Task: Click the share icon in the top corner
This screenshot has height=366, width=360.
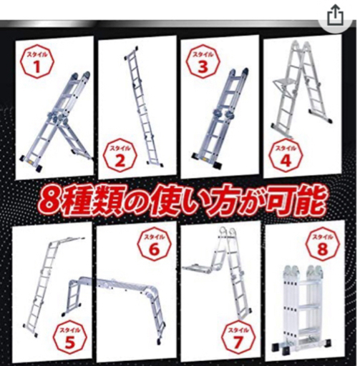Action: tap(335, 15)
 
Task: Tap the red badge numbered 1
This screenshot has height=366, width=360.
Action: tap(37, 62)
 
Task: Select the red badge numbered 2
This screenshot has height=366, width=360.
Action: tap(120, 156)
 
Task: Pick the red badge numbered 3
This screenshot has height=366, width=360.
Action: tap(203, 62)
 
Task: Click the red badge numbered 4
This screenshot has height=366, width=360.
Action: tap(286, 156)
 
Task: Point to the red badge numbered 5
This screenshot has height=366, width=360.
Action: tap(69, 338)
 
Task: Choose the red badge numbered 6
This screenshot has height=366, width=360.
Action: tap(155, 244)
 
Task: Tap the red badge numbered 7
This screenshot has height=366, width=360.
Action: tap(238, 338)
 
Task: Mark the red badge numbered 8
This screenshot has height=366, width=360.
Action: tap(323, 244)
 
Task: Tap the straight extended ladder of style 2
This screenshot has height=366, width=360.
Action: tap(143, 105)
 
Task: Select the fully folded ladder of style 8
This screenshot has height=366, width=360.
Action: tap(303, 310)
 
